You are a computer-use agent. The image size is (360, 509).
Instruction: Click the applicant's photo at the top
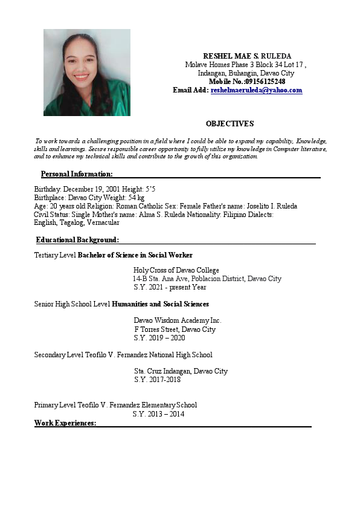click(87, 72)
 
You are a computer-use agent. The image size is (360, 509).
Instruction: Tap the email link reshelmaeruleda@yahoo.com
click(256, 90)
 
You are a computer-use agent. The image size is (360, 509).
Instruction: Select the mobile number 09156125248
click(265, 82)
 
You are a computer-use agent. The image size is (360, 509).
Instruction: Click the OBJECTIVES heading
click(230, 124)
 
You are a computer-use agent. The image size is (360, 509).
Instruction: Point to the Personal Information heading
click(77, 175)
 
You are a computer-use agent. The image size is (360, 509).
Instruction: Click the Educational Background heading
click(77, 240)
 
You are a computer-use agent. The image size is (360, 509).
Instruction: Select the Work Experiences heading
click(65, 423)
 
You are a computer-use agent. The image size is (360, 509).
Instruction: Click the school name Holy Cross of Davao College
click(176, 270)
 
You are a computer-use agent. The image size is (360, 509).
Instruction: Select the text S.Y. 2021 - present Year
click(170, 287)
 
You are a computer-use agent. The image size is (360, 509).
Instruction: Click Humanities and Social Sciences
click(161, 304)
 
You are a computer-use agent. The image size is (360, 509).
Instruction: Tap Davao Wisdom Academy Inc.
click(178, 320)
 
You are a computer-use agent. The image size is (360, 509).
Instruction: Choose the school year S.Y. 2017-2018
click(157, 380)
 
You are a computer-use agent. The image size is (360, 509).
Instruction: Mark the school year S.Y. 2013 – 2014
click(158, 414)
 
